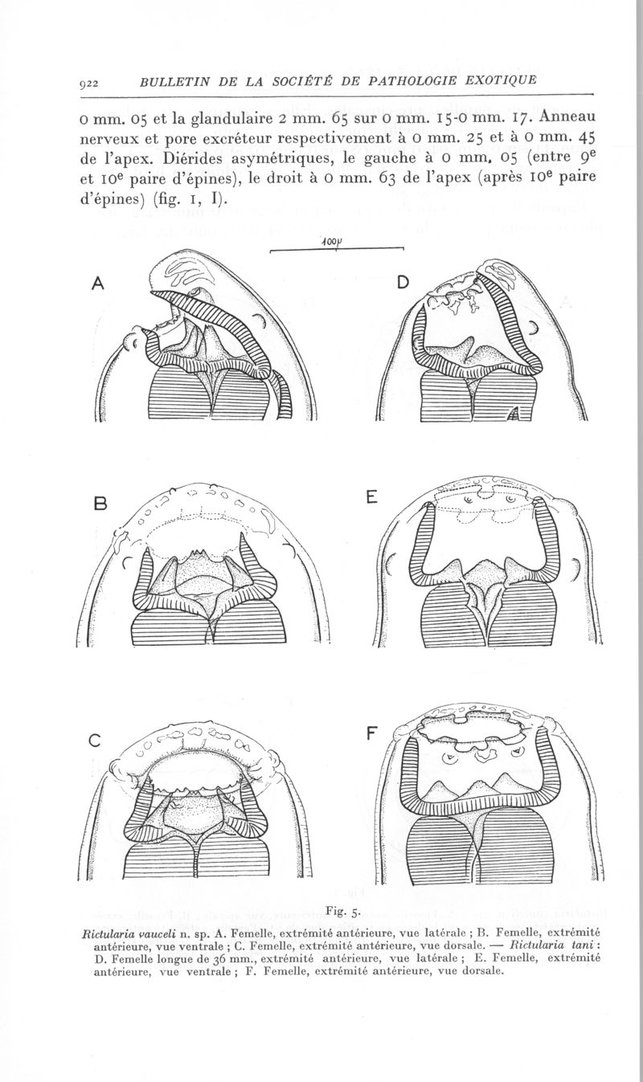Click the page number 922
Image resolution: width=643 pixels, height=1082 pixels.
(89, 83)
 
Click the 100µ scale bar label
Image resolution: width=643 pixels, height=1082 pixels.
(330, 243)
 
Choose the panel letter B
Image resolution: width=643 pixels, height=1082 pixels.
(100, 504)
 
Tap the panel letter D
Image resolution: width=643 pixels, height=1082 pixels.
(403, 283)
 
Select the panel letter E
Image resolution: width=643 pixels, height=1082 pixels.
(371, 497)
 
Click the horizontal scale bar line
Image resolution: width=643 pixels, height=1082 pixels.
(337, 250)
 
